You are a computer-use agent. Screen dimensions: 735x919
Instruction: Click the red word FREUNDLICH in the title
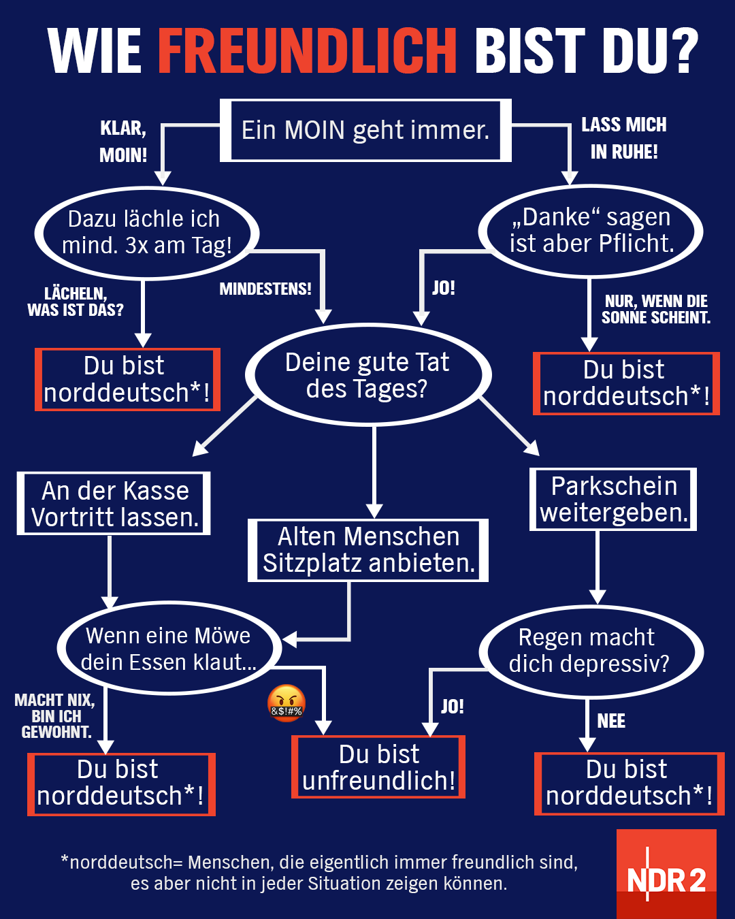click(x=308, y=50)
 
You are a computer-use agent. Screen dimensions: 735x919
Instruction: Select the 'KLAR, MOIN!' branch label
click(x=123, y=142)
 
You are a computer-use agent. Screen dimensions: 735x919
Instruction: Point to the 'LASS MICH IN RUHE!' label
click(x=624, y=138)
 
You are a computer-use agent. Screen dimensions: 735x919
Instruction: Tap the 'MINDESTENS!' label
click(x=265, y=289)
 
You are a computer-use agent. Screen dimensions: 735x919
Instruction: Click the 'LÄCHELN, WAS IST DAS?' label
click(x=76, y=302)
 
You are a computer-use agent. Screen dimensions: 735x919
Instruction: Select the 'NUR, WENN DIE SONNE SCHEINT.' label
click(x=656, y=309)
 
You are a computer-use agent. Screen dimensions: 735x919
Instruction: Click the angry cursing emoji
click(x=286, y=703)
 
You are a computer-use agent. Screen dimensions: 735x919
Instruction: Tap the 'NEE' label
click(x=611, y=721)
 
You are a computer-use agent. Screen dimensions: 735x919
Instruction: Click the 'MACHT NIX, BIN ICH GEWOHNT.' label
click(x=55, y=716)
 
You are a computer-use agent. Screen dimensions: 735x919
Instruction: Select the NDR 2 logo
click(x=666, y=874)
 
